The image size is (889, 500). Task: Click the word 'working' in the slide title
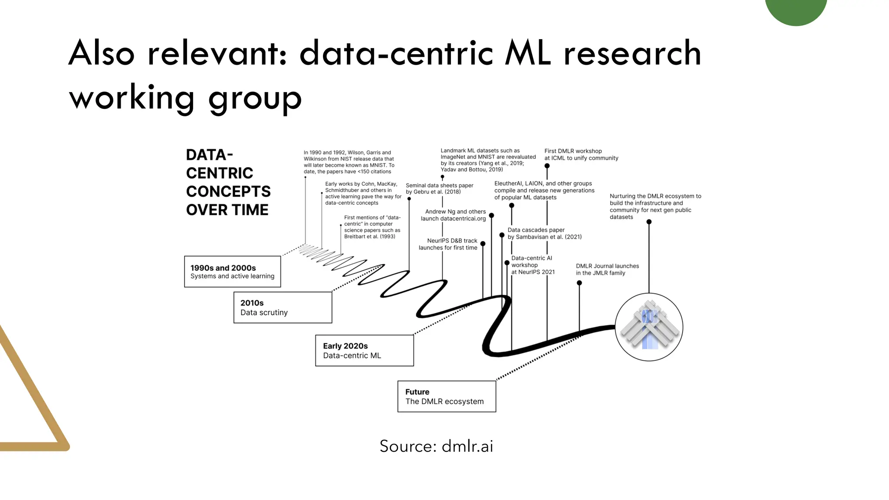132,98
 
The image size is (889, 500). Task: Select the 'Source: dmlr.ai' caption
436,446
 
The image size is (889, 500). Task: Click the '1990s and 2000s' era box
232,272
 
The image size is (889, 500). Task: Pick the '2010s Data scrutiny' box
283,307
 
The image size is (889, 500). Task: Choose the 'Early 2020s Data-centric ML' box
364,350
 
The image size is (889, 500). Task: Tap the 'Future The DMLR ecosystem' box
446,396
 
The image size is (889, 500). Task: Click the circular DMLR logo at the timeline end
649,327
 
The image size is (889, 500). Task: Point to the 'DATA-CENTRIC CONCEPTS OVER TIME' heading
228,182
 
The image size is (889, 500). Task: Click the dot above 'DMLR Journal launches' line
579,283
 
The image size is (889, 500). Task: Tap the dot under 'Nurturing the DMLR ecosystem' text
649,222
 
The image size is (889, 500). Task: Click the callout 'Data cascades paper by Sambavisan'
544,234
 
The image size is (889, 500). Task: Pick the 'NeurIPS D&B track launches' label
448,244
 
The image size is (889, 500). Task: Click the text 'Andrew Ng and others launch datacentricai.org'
453,215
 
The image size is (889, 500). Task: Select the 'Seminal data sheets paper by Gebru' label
439,188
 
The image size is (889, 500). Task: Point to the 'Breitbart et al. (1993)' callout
372,227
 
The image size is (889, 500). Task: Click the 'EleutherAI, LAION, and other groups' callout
544,191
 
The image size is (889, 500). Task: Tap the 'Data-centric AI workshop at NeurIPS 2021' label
533,265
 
